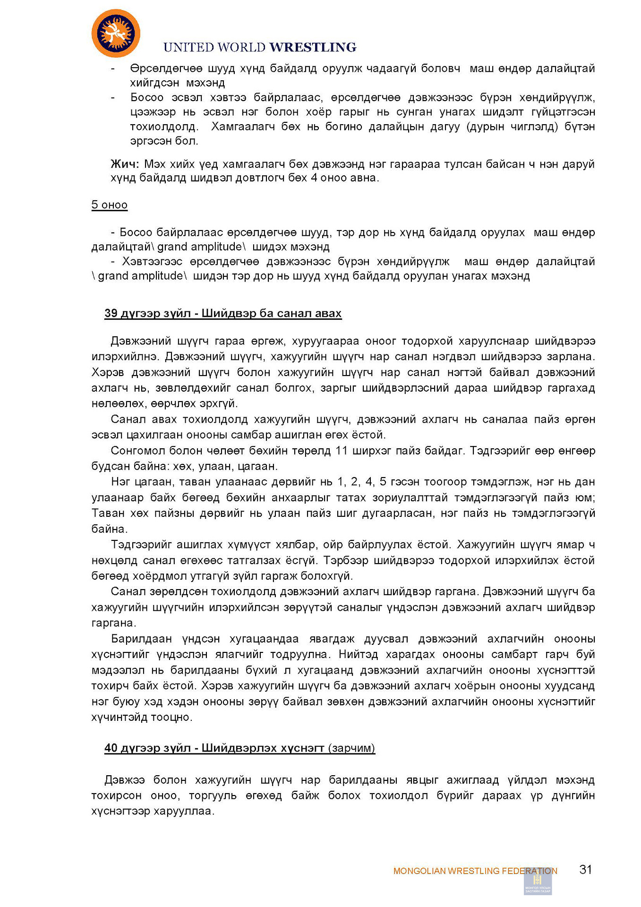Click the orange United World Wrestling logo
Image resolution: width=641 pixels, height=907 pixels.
coord(116,34)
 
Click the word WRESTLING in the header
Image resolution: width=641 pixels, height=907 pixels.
coord(313,47)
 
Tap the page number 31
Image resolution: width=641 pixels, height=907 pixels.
coord(585,870)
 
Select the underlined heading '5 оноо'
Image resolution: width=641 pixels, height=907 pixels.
coord(110,205)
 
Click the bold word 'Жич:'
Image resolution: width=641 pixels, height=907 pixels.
coord(125,164)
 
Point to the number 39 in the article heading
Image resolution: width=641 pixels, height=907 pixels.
coord(111,314)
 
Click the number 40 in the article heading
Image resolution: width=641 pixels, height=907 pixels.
coord(111,748)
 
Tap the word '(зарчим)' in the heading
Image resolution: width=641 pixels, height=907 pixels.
coord(352,748)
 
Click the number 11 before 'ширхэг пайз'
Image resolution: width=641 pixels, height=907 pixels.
coord(342,451)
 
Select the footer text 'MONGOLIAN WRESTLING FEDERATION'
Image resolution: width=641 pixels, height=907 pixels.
coord(475,871)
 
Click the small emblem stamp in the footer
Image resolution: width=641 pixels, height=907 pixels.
coord(538,881)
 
